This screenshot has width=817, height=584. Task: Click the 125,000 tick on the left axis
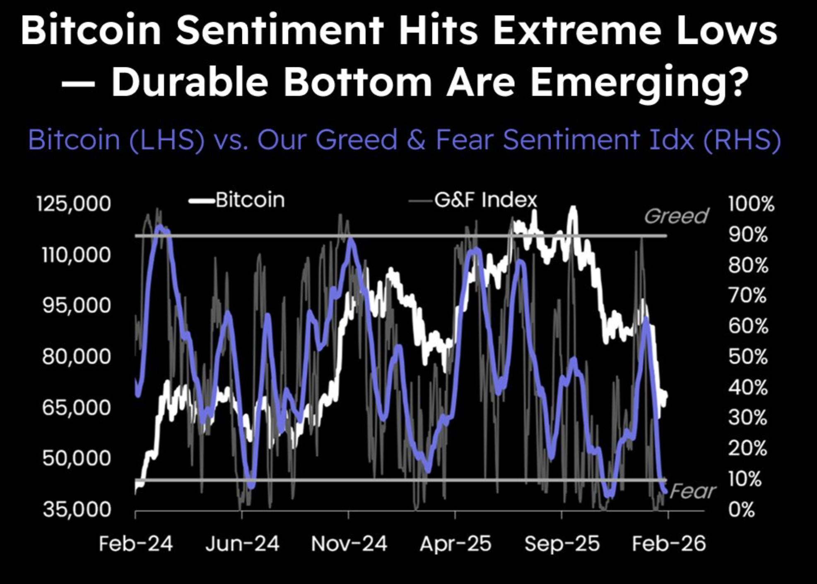[x=74, y=204]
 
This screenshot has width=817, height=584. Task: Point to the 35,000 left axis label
[x=77, y=510]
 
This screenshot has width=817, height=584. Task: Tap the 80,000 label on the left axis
[x=76, y=357]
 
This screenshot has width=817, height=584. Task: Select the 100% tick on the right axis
[x=751, y=204]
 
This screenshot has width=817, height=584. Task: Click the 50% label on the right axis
[x=748, y=357]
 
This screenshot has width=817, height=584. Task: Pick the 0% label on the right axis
[x=741, y=510]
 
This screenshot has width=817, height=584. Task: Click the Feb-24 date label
[x=135, y=543]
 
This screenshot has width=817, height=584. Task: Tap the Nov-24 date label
[x=349, y=543]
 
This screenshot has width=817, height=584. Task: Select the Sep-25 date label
[x=562, y=543]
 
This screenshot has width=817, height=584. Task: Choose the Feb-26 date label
[x=668, y=543]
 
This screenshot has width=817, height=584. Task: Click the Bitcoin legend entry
[x=250, y=200]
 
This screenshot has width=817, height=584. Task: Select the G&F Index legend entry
[x=485, y=200]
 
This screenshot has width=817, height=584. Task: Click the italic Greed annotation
[x=676, y=216]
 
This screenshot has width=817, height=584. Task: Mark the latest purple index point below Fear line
[x=666, y=491]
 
